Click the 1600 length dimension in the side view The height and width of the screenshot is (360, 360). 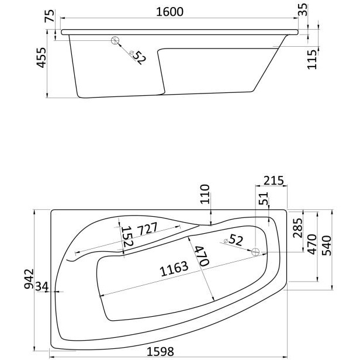169,12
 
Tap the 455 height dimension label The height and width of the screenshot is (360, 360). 42,58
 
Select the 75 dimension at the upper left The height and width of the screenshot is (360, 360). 50,16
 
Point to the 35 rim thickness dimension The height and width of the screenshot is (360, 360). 303,9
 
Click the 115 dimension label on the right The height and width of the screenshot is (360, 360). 312,60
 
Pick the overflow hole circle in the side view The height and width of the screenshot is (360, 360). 115,40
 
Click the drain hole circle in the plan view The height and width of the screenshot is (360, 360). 255,252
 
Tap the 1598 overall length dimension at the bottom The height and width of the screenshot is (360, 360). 160,351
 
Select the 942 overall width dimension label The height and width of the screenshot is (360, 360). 29,279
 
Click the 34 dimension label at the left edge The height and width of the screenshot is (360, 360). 42,286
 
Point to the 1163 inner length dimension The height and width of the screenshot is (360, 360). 174,269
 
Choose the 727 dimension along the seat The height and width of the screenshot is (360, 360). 147,229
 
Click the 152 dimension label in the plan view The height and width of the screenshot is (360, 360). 127,237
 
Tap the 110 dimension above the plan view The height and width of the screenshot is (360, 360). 205,194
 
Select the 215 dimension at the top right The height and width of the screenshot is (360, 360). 274,181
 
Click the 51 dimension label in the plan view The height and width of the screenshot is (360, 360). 263,198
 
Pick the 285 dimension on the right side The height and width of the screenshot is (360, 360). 298,228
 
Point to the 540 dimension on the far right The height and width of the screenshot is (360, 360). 327,245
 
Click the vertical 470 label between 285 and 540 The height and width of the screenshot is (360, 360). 312,244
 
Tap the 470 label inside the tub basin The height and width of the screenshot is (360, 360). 202,256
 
